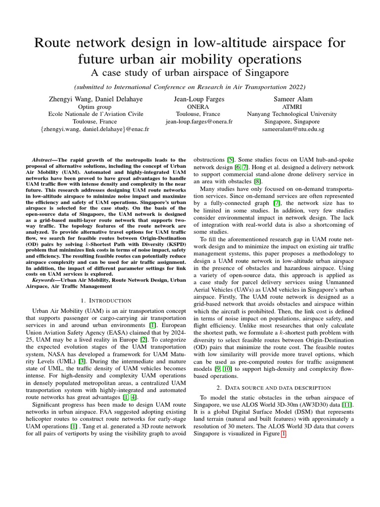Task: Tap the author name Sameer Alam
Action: [293, 99]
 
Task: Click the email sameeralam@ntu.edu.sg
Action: [293, 129]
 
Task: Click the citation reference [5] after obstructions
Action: [231, 160]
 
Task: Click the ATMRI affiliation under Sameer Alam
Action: [293, 106]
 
